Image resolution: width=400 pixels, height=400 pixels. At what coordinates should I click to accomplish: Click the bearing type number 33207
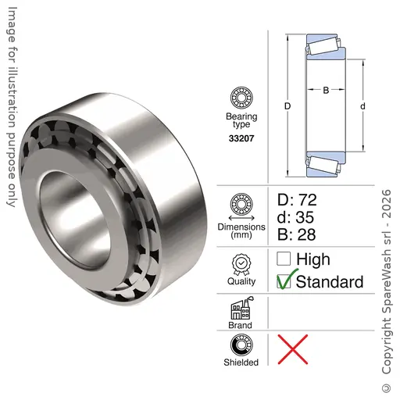tap(241, 138)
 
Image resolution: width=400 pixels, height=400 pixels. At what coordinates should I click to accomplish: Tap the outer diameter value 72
tap(307, 200)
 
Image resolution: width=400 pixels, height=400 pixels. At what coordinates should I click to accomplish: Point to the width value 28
tap(306, 234)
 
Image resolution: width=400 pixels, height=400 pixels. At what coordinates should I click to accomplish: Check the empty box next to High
tap(284, 259)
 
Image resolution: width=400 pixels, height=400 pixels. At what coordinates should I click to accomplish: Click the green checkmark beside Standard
tap(287, 279)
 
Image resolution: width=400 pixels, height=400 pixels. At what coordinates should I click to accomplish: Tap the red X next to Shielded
tap(293, 349)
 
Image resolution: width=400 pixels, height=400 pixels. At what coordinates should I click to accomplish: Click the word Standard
tap(330, 282)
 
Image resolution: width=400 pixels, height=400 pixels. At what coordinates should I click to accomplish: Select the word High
tap(313, 259)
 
